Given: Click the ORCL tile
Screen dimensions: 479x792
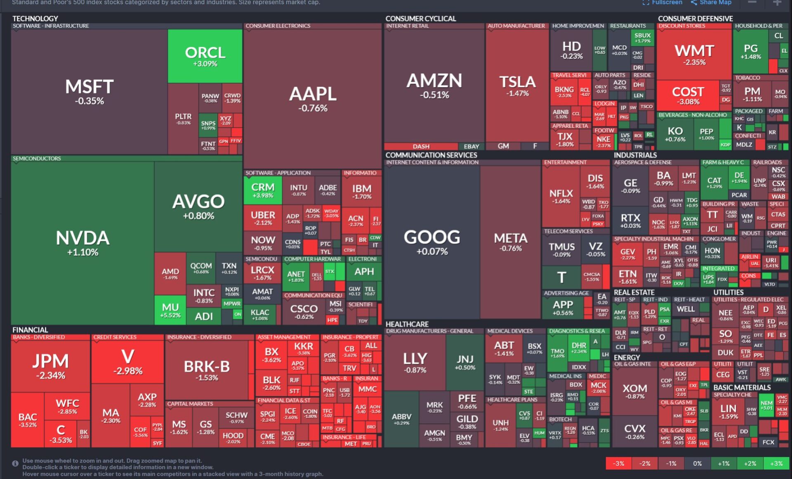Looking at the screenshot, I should click(x=205, y=56).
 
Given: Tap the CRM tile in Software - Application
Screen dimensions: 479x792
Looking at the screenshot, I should click(x=263, y=190).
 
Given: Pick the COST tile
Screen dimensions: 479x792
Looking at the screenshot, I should click(x=688, y=95).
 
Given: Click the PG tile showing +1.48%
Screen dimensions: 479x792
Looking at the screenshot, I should click(x=750, y=51).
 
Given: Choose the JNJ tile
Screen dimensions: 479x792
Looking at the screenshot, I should click(x=465, y=362).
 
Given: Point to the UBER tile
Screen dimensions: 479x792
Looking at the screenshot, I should click(x=263, y=218).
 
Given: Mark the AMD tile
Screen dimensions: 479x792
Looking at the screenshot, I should click(x=170, y=273).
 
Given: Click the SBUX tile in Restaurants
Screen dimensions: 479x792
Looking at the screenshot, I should click(x=642, y=38).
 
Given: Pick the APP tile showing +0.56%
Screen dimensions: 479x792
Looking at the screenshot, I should click(x=563, y=307).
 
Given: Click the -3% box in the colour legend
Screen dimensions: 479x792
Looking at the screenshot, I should click(x=618, y=463).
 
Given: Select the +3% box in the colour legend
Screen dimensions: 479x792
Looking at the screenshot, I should click(x=776, y=463).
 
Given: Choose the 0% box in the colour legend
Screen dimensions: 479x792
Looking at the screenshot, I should click(x=697, y=463).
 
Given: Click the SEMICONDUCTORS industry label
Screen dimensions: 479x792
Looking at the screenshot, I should click(x=37, y=159).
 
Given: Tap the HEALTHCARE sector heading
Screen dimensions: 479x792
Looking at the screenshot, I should click(x=407, y=324).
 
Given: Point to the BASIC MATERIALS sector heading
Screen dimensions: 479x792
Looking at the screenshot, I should click(x=742, y=387).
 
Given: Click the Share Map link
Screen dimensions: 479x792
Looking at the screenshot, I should click(x=711, y=2).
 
